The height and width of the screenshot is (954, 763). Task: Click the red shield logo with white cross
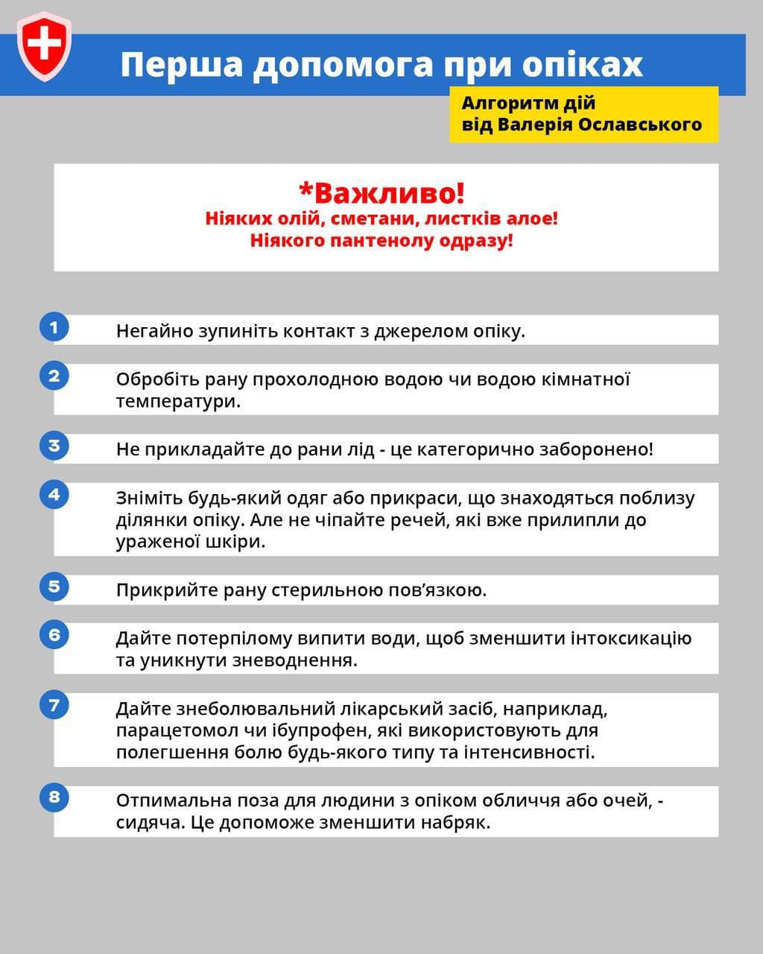(x=45, y=45)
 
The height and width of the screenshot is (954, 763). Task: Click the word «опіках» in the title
(x=582, y=65)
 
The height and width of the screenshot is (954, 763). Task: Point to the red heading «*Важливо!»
(x=381, y=192)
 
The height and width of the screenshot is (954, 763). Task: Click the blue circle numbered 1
(x=54, y=327)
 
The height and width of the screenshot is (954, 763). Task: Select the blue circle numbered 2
(x=54, y=376)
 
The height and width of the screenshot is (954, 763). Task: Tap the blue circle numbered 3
(x=54, y=446)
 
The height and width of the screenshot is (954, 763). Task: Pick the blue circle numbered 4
(x=54, y=494)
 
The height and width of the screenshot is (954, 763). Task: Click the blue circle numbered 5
(x=54, y=586)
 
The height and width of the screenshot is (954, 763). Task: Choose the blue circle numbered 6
(x=54, y=634)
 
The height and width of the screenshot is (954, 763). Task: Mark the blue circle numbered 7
(x=54, y=704)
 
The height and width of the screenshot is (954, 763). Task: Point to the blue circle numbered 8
(x=54, y=797)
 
